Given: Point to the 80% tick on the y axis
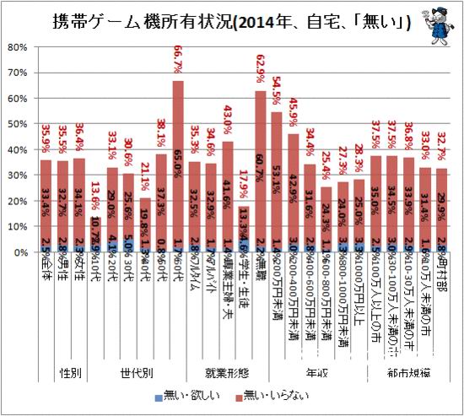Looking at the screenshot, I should pyautogui.click(x=20, y=47).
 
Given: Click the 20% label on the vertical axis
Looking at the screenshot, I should pyautogui.click(x=20, y=201).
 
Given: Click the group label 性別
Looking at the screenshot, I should pyautogui.click(x=70, y=370).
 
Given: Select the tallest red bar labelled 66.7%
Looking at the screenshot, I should pyautogui.click(x=179, y=169).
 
